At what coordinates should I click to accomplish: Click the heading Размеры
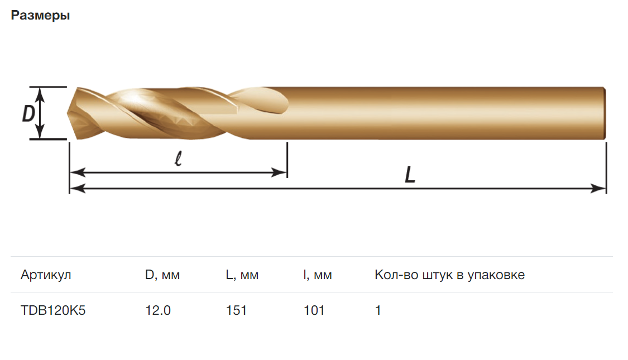(40, 16)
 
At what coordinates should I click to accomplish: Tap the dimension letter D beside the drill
(28, 113)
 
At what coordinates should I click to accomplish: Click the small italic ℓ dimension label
(179, 159)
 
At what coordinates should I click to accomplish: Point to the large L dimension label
(410, 175)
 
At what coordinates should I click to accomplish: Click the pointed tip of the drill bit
(68, 113)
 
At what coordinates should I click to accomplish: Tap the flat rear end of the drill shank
(605, 113)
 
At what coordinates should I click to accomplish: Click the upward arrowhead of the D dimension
(40, 93)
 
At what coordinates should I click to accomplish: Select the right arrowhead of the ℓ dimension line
(280, 172)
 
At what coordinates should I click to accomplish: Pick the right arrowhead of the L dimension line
(599, 188)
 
